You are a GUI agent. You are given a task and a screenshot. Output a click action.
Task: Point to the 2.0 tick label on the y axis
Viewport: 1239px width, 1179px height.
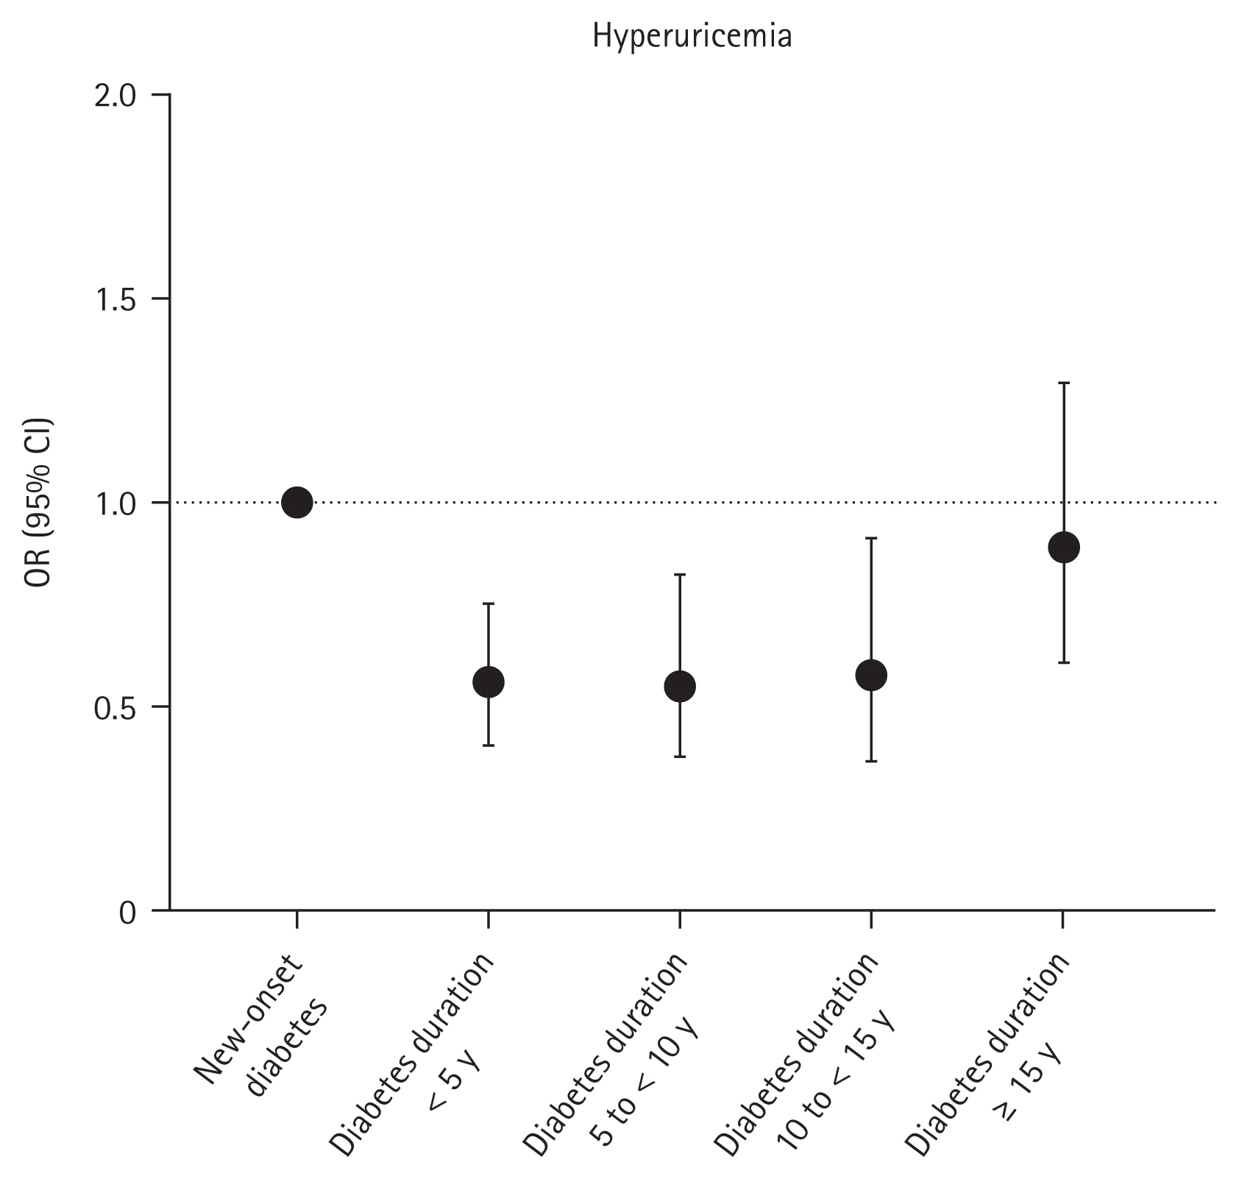pyautogui.click(x=116, y=96)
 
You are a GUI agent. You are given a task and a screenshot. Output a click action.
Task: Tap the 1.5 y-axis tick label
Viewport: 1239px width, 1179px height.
pyautogui.click(x=116, y=300)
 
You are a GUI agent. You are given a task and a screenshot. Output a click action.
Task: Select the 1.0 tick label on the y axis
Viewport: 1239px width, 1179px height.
pyautogui.click(x=116, y=503)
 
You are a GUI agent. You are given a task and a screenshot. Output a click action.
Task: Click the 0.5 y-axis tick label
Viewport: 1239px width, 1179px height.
pyautogui.click(x=116, y=707)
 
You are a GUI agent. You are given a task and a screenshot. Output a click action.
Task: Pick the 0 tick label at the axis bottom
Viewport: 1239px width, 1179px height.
pyautogui.click(x=127, y=913)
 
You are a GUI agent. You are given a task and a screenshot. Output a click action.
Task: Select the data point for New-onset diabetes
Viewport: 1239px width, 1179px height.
pyautogui.click(x=297, y=503)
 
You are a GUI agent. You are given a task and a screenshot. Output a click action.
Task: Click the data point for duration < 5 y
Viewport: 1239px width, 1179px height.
pyautogui.click(x=488, y=682)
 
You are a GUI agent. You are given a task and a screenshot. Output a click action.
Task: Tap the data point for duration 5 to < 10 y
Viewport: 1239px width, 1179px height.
pyautogui.click(x=680, y=687)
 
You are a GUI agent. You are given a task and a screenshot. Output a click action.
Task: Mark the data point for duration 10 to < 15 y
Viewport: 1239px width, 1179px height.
pyautogui.click(x=871, y=675)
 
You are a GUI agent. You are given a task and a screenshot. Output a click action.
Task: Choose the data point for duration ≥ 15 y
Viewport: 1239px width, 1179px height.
pyautogui.click(x=1063, y=548)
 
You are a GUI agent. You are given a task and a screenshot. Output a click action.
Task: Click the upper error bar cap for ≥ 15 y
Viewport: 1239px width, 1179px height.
pyautogui.click(x=1063, y=383)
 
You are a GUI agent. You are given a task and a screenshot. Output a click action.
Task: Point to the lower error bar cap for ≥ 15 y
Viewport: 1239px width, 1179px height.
pyautogui.click(x=1063, y=662)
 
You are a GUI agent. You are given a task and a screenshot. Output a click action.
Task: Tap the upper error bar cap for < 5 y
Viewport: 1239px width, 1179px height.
pyautogui.click(x=488, y=603)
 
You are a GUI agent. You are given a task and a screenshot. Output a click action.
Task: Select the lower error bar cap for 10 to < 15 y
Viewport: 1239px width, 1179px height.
pyautogui.click(x=871, y=761)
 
